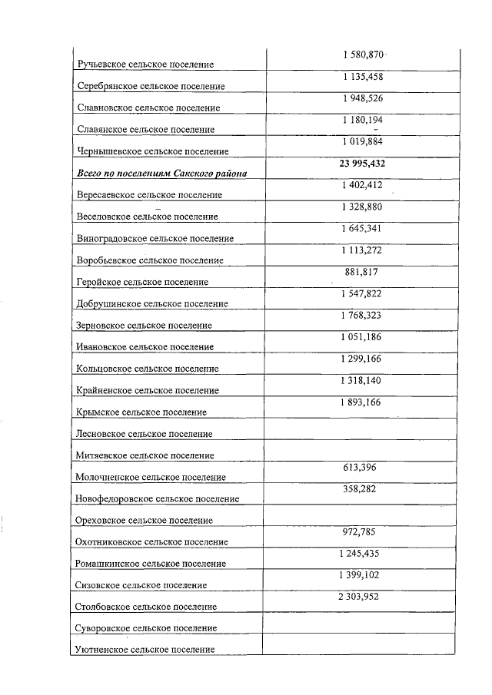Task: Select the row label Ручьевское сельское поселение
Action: point(145,64)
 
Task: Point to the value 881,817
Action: point(361,272)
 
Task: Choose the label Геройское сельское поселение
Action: point(143,282)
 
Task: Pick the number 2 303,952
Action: point(361,596)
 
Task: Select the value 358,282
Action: point(361,488)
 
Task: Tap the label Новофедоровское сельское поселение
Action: point(158,498)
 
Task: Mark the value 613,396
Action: point(361,467)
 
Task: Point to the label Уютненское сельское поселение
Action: point(144,650)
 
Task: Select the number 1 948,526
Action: point(361,98)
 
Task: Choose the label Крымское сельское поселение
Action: point(141,412)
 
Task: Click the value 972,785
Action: point(361,531)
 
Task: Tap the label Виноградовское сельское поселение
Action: point(155,239)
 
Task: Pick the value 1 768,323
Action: point(361,315)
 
